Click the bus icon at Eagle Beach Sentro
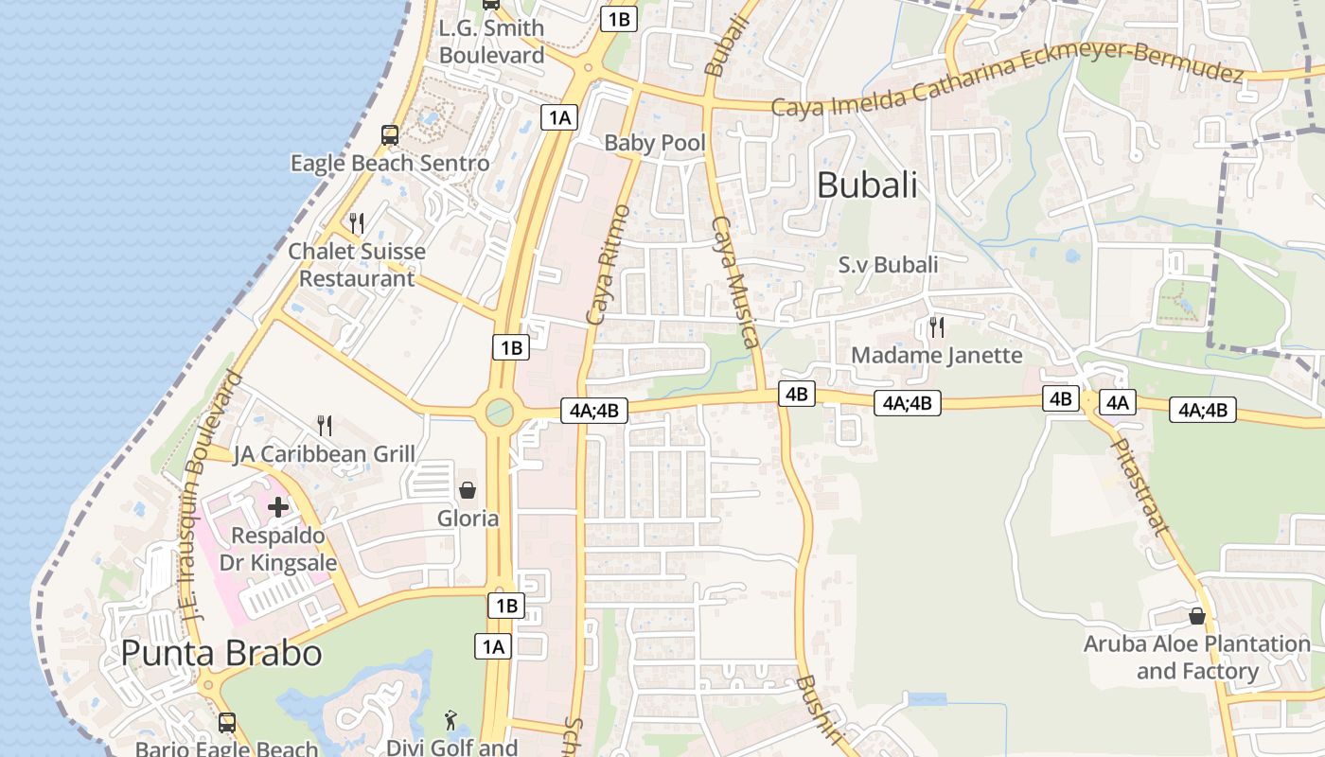coord(390,135)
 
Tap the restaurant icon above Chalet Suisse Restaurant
coord(357,223)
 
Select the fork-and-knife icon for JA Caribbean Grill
coord(325,426)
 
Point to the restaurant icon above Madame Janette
coord(937,327)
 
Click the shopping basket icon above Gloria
coord(468,490)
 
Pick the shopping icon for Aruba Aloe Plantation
coord(1197,616)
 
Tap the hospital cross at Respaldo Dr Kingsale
coord(278,507)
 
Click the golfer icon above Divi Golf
coord(450,720)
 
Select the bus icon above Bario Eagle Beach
coord(227,723)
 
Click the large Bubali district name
coord(867,185)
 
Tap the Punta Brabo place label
coord(221,653)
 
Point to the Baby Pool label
coord(655,143)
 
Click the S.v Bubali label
coord(889,265)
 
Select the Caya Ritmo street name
coord(608,265)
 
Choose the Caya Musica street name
coord(735,282)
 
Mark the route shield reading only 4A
coord(1118,402)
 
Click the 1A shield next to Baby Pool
coord(558,117)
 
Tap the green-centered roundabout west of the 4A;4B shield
coord(499,413)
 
